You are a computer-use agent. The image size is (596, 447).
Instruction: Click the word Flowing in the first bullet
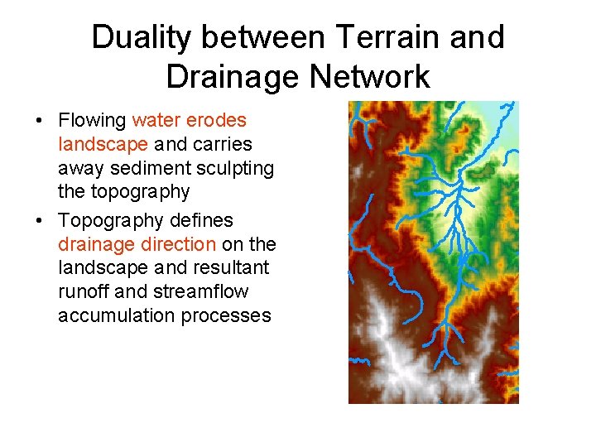point(92,121)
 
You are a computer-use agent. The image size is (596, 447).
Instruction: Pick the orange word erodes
point(220,121)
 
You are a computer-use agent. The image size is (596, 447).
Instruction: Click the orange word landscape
point(103,145)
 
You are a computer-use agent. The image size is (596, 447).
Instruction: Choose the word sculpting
point(236,168)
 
